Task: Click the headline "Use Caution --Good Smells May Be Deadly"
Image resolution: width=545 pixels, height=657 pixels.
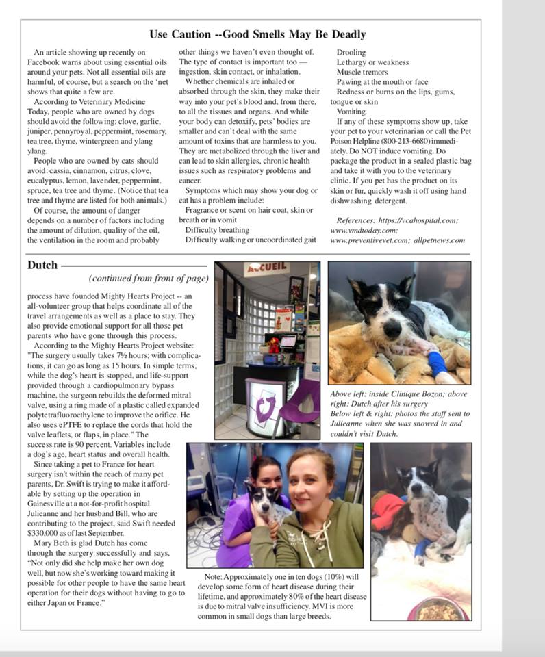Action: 257,34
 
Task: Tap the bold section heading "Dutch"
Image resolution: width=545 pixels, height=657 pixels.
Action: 42,265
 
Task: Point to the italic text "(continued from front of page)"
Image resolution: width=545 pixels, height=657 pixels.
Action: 149,279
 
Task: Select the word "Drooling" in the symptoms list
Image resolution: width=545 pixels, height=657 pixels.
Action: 351,52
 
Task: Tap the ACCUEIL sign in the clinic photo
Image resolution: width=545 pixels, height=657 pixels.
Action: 266,269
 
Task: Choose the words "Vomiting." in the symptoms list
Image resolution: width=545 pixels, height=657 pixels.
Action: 352,112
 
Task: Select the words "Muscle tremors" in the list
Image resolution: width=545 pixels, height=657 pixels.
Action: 362,72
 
